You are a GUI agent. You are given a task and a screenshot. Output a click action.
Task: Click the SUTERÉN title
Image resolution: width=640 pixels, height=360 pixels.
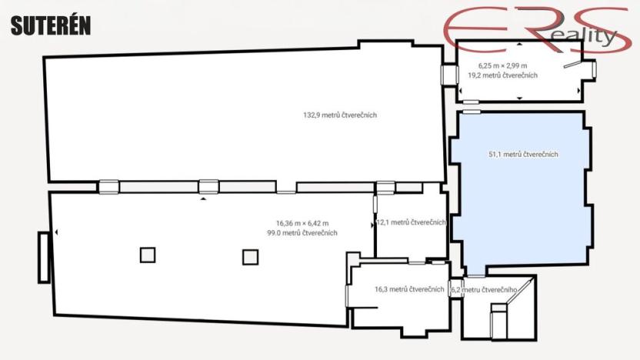click(x=51, y=25)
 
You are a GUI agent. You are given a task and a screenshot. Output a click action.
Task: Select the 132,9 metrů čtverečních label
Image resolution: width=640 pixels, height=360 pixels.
click(x=340, y=115)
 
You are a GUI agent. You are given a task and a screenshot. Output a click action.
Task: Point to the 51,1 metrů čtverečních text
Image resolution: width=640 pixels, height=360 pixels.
click(x=523, y=155)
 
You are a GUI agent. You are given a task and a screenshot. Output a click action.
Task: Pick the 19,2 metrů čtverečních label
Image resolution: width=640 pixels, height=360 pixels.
click(x=502, y=75)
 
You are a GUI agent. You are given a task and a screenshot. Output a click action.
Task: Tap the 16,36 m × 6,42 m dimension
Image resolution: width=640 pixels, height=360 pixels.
click(x=302, y=223)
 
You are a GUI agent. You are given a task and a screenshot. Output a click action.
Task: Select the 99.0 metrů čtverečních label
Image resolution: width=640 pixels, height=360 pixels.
click(x=302, y=233)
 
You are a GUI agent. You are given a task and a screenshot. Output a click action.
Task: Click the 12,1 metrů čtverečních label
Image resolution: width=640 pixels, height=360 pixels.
click(x=412, y=222)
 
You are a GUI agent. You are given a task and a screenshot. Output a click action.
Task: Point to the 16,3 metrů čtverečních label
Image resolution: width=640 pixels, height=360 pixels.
click(x=409, y=289)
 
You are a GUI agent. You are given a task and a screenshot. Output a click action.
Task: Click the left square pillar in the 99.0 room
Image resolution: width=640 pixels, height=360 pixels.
click(x=148, y=255)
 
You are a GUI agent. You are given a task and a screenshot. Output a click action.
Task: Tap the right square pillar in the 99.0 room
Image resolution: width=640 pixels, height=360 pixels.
click(x=250, y=257)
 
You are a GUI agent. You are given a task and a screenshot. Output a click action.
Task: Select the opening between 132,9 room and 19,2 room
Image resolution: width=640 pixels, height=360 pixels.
click(x=448, y=74)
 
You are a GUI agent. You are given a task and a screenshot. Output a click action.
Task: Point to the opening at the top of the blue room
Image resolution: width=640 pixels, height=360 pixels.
click(x=471, y=112)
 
